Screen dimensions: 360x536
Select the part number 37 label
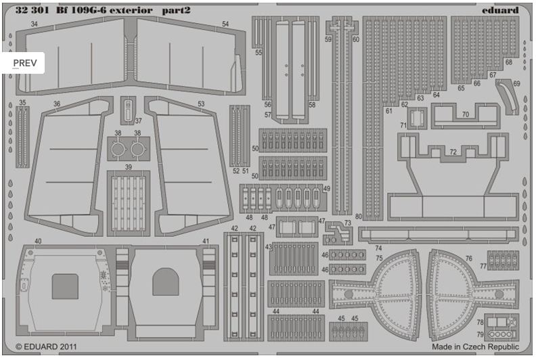click(x=138, y=122)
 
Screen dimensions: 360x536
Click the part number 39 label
click(x=128, y=167)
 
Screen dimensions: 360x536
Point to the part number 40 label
click(x=38, y=242)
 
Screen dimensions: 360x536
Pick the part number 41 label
click(x=205, y=242)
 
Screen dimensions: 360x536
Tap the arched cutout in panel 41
click(x=165, y=282)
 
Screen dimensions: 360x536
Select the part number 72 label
click(x=453, y=151)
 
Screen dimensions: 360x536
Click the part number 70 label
click(x=465, y=115)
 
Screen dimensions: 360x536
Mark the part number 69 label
click(x=516, y=84)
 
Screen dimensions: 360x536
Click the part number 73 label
click(x=348, y=223)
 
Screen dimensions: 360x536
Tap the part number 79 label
click(x=480, y=334)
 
